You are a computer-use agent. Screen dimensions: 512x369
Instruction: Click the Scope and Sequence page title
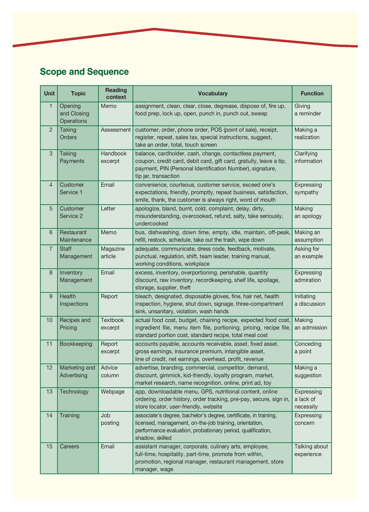(x=84, y=72)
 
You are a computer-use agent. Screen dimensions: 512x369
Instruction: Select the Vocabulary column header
(x=213, y=93)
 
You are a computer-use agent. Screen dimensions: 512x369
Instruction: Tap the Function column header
(x=312, y=93)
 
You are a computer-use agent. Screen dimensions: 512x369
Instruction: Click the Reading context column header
(x=116, y=93)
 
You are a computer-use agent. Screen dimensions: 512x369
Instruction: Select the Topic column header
(x=78, y=93)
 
